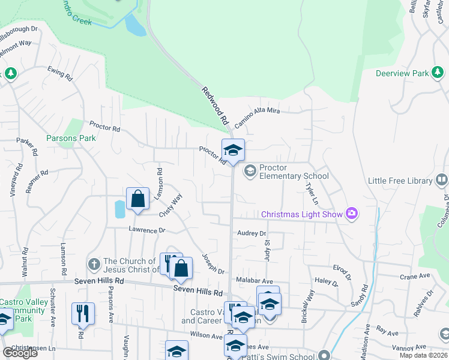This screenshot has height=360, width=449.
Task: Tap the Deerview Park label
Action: coord(402,73)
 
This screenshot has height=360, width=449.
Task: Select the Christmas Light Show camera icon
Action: coord(352,214)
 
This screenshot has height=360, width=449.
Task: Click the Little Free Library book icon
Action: coord(442,180)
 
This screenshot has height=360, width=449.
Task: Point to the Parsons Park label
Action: coord(71,138)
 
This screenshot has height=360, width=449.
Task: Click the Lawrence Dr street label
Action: coord(146,230)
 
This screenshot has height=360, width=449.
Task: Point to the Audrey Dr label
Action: coord(251,233)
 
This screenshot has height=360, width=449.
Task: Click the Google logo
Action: coord(19,352)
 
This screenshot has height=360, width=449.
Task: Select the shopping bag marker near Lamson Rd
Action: coord(137,199)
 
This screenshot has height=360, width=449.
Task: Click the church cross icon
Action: coord(94,265)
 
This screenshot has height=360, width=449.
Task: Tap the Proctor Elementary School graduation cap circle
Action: coord(250,172)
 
